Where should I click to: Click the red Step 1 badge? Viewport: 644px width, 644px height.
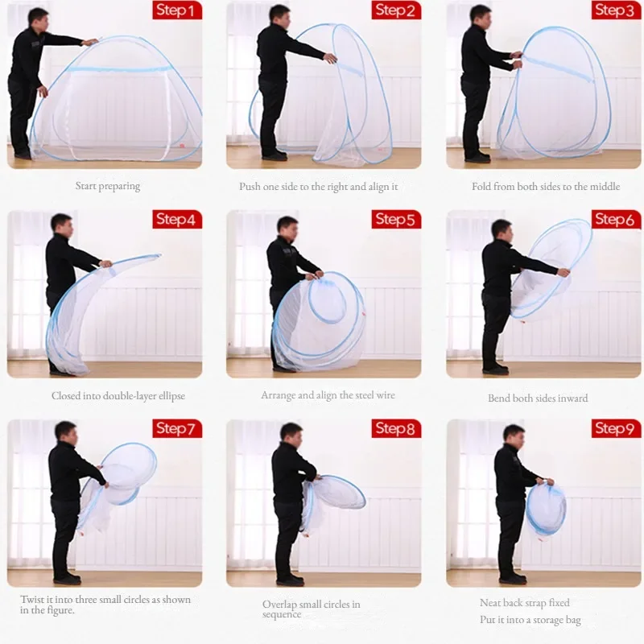177,10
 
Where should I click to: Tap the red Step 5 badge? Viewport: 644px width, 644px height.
396,219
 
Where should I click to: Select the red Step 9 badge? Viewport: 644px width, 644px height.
616,428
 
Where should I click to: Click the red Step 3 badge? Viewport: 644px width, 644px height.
616,10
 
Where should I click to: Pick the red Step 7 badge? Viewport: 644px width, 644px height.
177,428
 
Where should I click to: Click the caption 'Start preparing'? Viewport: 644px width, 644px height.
108,186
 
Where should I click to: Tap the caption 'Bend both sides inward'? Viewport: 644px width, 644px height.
538,398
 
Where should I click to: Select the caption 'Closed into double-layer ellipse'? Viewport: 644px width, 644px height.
118,396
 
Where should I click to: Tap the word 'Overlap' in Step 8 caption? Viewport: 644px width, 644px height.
279,605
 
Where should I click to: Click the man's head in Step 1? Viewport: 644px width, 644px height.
39,17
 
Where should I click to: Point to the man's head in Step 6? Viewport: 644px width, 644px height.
502,230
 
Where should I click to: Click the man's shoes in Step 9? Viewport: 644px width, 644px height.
513,579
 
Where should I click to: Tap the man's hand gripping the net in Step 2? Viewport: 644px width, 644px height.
330,58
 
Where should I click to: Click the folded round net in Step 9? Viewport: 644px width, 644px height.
546,509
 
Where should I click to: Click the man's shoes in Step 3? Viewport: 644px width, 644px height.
477,157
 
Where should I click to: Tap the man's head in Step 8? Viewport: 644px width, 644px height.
291,433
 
